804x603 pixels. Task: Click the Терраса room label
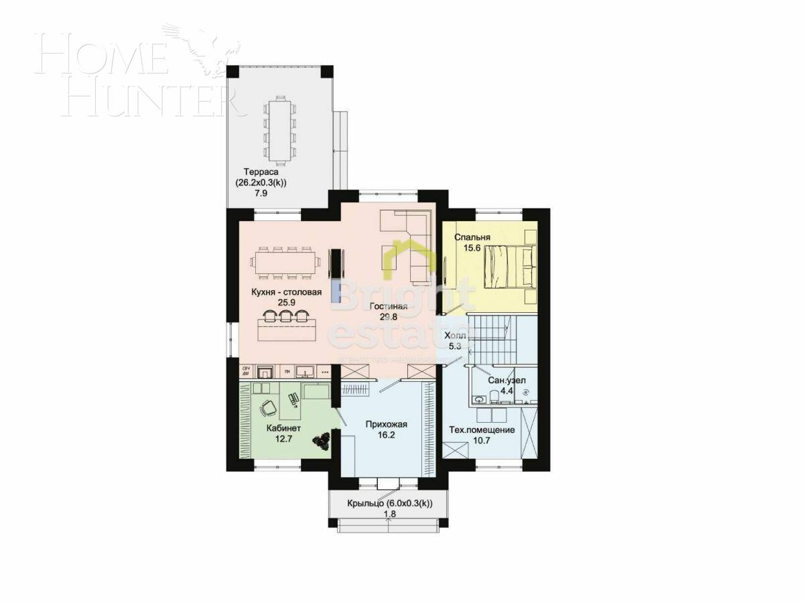[x=261, y=172]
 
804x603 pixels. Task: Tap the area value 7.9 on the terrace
[x=261, y=194]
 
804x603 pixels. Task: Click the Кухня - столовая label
[x=287, y=292]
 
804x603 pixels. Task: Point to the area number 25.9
[x=287, y=303]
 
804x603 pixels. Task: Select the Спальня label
[x=472, y=237]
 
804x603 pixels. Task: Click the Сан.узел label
[x=507, y=381]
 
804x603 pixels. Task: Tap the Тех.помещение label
[x=482, y=429]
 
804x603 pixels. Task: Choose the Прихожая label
[x=387, y=424]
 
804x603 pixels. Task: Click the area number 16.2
[x=387, y=435]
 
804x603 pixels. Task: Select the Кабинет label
[x=284, y=428]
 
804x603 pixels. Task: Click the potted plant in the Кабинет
[x=322, y=440]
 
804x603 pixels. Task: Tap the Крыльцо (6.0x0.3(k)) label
[x=389, y=504]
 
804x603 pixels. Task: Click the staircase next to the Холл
[x=492, y=338]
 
